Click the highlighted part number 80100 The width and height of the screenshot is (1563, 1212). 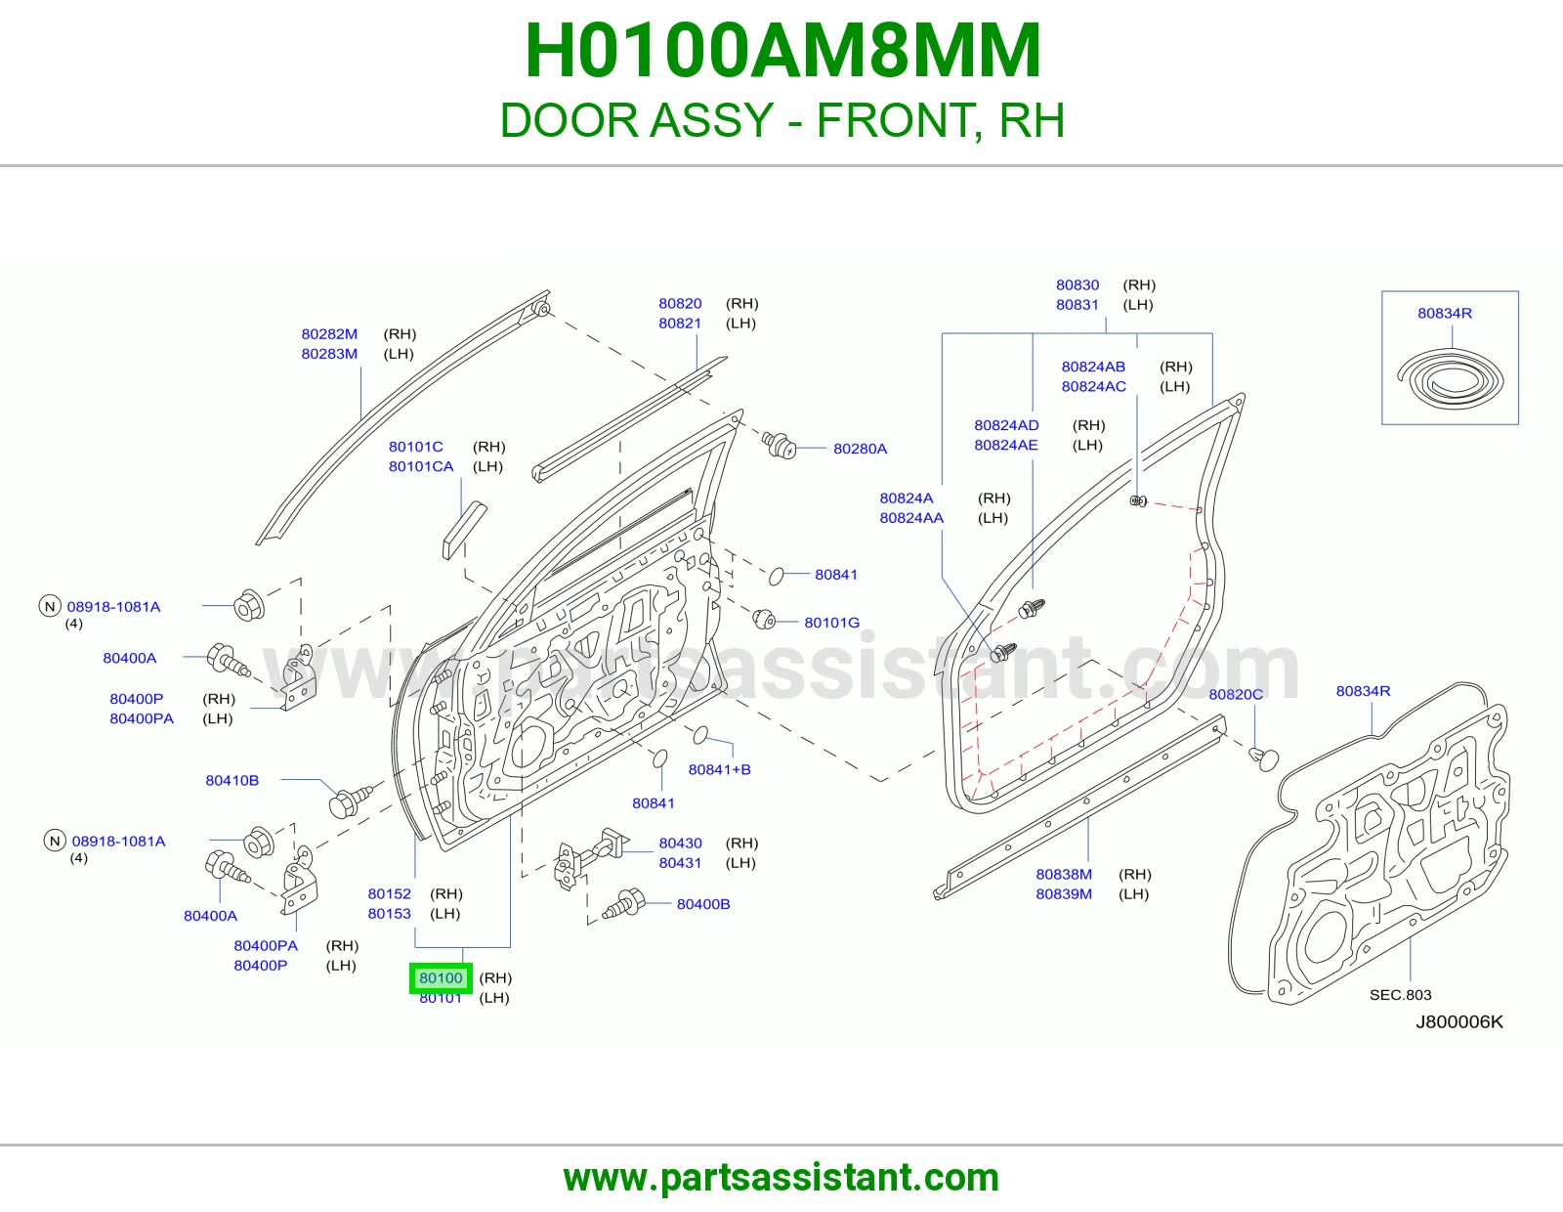tap(441, 977)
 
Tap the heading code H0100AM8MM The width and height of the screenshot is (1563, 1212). tap(781, 51)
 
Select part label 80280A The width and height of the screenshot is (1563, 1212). tap(860, 449)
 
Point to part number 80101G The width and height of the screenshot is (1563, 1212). tap(831, 623)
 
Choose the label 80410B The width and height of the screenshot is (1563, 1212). tap(232, 780)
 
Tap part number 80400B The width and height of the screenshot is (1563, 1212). tap(702, 904)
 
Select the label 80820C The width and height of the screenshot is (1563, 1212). tap(1235, 694)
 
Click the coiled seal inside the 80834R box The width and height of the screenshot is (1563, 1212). tap(1450, 378)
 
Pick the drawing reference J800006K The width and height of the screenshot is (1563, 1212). tap(1459, 1022)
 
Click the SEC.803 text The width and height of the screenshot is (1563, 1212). tap(1400, 995)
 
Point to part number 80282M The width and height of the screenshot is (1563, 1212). tap(328, 334)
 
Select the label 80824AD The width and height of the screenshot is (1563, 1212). tap(1006, 425)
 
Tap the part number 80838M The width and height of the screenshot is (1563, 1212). tap(1063, 874)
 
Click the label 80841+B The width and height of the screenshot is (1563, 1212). tap(719, 769)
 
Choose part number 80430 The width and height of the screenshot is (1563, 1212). tap(680, 843)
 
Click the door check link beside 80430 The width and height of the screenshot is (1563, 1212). tap(591, 856)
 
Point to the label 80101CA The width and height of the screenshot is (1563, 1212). tap(421, 466)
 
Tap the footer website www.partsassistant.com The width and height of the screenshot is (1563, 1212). tap(781, 1178)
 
